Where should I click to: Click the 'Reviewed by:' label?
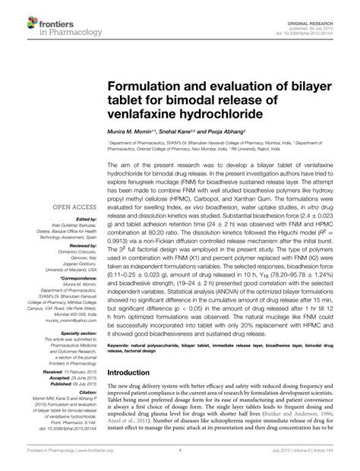[x=75, y=246]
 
